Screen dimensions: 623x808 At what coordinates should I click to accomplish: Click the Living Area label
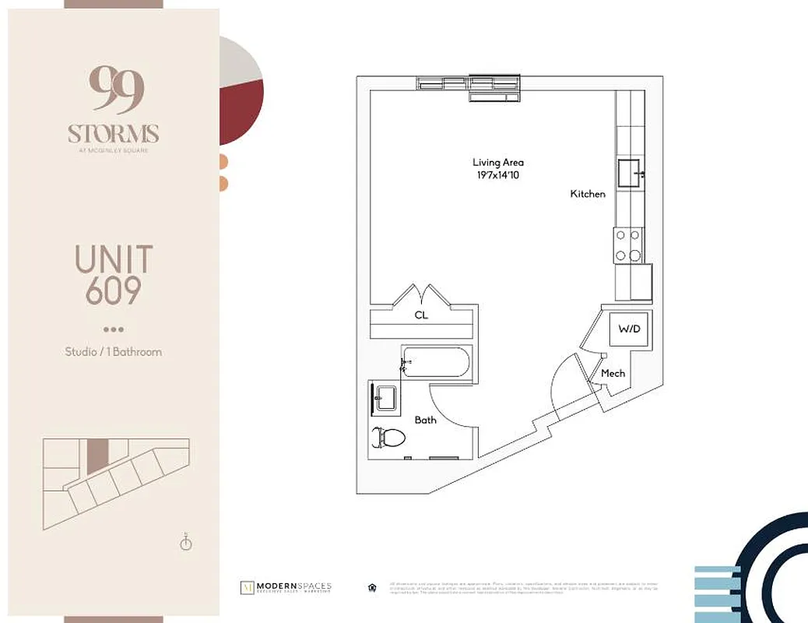[498, 162]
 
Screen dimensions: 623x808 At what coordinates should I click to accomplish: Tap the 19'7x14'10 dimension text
[498, 174]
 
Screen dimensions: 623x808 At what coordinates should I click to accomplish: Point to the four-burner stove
[629, 245]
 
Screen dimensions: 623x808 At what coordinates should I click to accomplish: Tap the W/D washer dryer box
[629, 329]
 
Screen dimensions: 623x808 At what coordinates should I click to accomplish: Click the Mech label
[613, 374]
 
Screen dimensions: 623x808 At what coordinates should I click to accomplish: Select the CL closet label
[421, 315]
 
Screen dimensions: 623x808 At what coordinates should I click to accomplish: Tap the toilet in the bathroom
[390, 438]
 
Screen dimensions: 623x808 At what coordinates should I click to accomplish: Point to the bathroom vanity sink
[383, 399]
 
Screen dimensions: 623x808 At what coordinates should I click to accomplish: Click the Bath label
[425, 420]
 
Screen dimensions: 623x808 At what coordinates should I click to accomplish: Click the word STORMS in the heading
[114, 133]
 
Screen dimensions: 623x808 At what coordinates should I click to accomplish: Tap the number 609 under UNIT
[114, 290]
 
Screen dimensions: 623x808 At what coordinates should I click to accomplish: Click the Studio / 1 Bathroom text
[114, 351]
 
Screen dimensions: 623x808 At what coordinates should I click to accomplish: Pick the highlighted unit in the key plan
[97, 456]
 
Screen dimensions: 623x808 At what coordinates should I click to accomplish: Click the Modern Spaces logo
[286, 587]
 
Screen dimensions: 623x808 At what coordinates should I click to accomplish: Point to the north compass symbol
[186, 542]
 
